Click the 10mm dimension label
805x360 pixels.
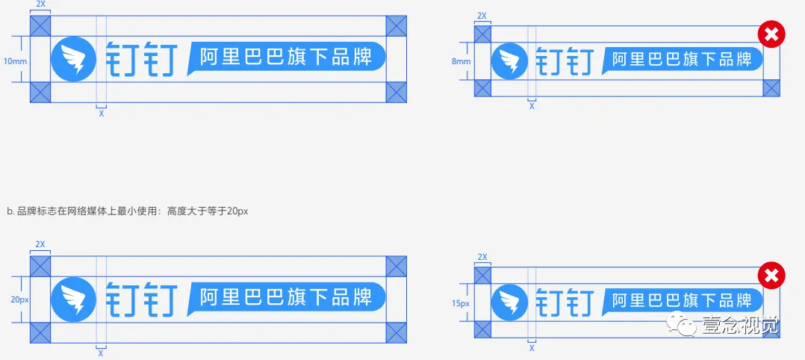point(15,60)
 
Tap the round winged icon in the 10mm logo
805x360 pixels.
point(73,59)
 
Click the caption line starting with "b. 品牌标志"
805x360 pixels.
point(127,211)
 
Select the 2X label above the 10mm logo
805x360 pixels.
point(40,5)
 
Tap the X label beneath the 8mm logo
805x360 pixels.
point(532,107)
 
